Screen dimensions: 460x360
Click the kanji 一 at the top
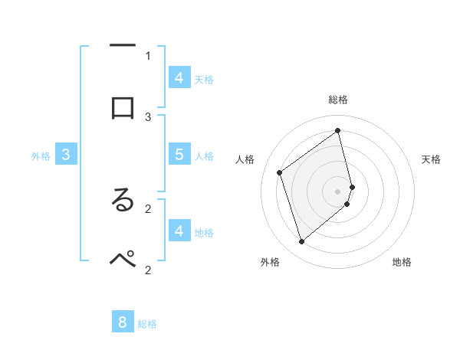[123, 47]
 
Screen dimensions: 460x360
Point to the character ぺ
[123, 259]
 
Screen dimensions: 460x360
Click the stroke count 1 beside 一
[148, 55]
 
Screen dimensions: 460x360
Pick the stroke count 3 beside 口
[148, 116]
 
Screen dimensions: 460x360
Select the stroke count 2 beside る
[148, 208]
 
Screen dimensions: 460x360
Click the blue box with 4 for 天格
[179, 77]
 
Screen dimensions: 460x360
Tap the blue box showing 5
[179, 154]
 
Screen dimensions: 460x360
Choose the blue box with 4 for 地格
[179, 231]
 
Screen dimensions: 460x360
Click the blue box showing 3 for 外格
[66, 155]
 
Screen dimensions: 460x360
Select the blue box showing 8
[123, 322]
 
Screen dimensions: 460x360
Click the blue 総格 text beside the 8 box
[147, 324]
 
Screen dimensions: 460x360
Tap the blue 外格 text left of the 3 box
[41, 156]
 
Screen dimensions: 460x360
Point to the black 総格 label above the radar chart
[338, 100]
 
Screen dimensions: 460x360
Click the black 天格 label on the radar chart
[432, 159]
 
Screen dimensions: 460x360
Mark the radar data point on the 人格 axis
[280, 173]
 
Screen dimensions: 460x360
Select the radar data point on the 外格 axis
[302, 242]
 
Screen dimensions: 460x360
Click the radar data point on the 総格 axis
[338, 131]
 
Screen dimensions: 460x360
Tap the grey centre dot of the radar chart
[338, 191]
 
